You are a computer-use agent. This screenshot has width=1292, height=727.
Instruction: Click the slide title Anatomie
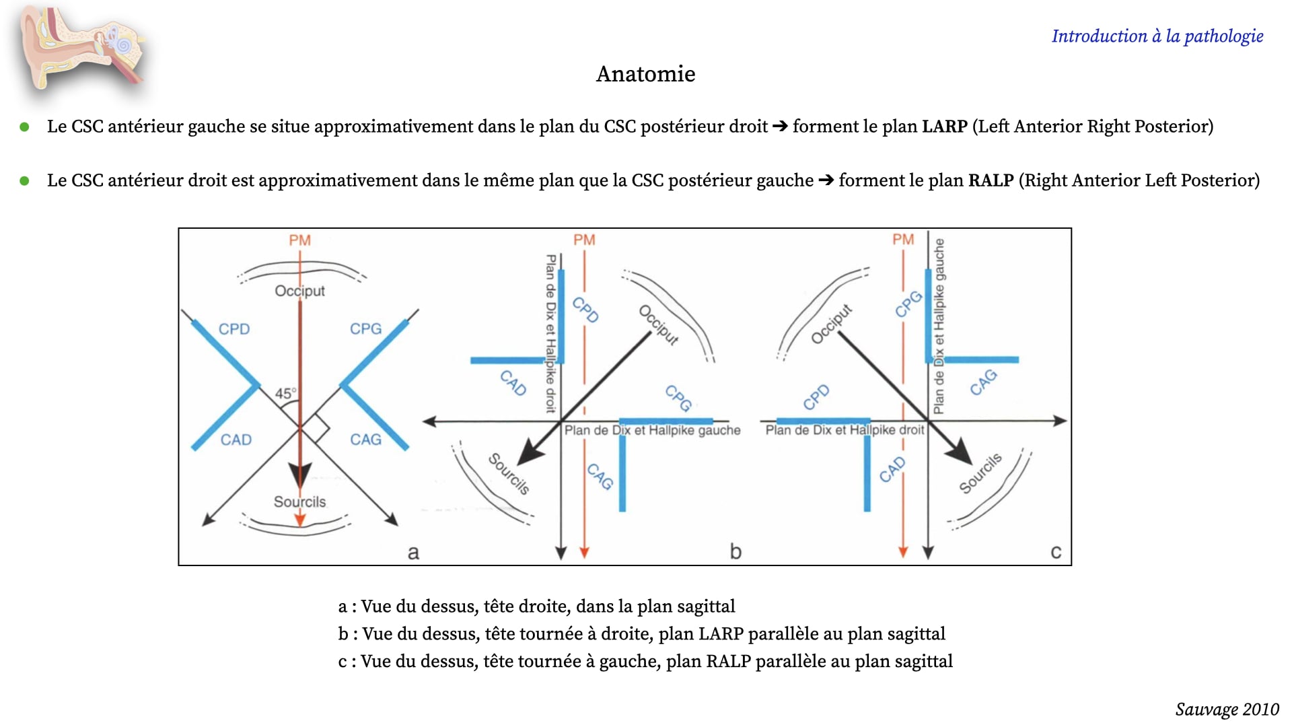coord(645,74)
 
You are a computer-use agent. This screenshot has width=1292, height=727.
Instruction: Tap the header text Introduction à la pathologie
coord(1157,36)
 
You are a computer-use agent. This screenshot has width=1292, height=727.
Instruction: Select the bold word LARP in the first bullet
coord(944,127)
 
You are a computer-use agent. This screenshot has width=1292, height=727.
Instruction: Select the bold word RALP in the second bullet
coord(991,180)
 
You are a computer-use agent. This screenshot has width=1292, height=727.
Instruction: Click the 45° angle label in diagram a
coord(285,394)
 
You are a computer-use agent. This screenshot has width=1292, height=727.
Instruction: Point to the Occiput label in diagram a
coord(299,291)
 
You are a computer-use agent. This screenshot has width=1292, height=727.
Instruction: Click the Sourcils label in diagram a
coord(299,502)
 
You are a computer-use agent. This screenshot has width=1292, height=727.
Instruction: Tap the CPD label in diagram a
coord(234,329)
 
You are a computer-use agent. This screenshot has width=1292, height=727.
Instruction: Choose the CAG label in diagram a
coord(365,440)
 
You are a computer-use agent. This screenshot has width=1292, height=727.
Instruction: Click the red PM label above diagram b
coord(584,240)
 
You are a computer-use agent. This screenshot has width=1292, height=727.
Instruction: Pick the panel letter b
coord(735,552)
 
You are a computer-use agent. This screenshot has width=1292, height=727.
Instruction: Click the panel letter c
coord(1056,553)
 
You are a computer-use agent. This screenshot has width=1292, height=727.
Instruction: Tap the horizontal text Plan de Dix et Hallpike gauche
coord(652,430)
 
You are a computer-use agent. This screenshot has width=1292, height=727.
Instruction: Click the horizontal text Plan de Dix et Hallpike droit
coord(845,430)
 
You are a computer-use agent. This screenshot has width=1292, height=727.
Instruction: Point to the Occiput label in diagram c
coord(832,324)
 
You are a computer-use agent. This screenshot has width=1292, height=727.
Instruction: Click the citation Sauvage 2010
coord(1227,709)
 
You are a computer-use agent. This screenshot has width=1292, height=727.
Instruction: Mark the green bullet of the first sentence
coord(25,127)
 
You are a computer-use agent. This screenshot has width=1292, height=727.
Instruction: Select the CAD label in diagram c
coord(892,470)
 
